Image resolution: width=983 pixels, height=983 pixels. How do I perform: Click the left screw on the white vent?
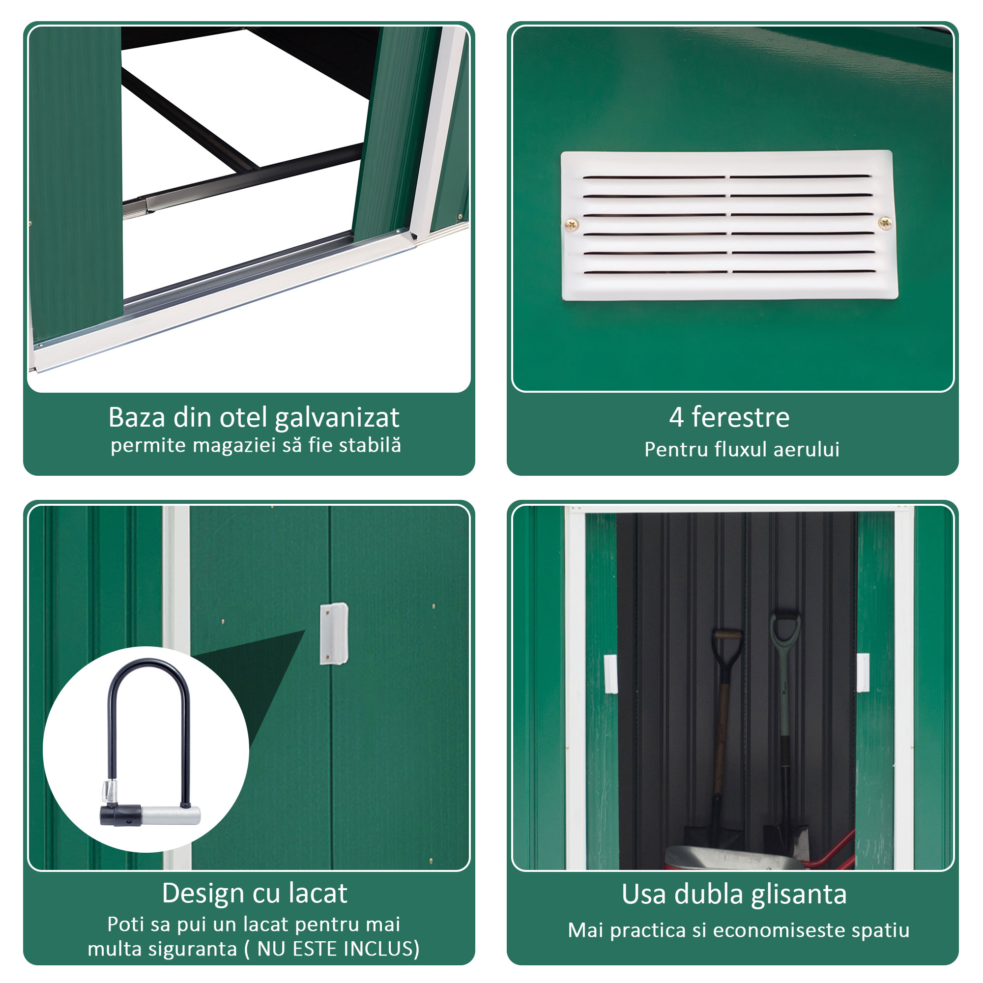pos(572,225)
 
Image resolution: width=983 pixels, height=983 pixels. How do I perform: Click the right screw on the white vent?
pos(885,222)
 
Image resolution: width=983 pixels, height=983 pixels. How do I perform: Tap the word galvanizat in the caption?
pos(337,418)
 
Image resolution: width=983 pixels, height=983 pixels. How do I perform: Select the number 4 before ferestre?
pos(676,417)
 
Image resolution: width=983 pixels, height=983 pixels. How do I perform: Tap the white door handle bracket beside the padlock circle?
pos(334,634)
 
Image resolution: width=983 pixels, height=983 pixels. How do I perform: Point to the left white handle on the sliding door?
pos(610,674)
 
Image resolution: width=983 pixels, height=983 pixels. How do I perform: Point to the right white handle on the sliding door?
pos(863,673)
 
